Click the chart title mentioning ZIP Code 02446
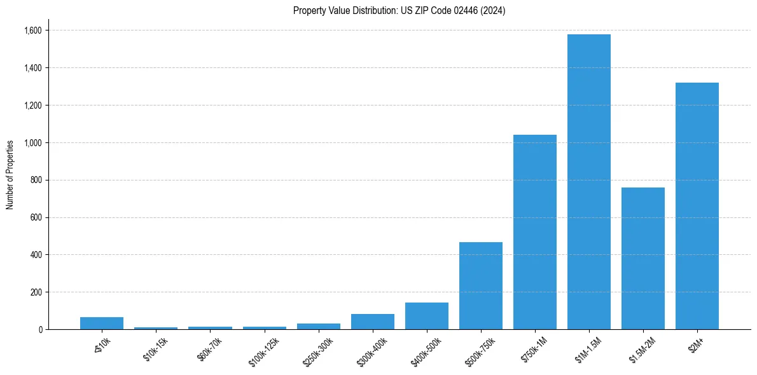(x=399, y=11)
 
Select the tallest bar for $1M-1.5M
(x=589, y=182)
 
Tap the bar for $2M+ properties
(x=697, y=206)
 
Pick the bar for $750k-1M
(x=535, y=232)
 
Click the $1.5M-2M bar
(x=643, y=258)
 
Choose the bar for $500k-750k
(x=481, y=285)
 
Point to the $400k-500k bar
(x=427, y=316)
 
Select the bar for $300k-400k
(x=373, y=322)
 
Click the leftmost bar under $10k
(x=102, y=323)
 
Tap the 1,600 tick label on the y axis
(x=33, y=31)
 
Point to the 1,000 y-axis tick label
(x=33, y=143)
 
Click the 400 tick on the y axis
(x=37, y=255)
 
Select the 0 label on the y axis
(x=41, y=330)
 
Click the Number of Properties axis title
(x=10, y=174)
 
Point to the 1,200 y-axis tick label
(x=33, y=106)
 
